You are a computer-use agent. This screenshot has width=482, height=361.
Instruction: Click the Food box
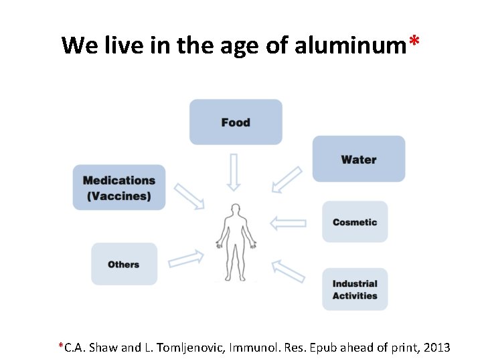(x=236, y=122)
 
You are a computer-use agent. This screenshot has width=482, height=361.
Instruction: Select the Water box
(x=359, y=159)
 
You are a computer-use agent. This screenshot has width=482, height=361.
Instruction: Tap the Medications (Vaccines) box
(x=119, y=188)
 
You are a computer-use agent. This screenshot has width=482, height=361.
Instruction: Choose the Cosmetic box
(x=355, y=222)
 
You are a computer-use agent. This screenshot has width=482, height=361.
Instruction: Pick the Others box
(x=124, y=264)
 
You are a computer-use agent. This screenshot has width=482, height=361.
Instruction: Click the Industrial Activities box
(x=355, y=289)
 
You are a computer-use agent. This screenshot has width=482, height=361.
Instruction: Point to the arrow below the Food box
(x=234, y=171)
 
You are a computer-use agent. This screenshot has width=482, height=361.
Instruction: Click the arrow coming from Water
(x=288, y=180)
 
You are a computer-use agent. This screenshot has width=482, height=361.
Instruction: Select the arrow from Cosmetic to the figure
(x=288, y=223)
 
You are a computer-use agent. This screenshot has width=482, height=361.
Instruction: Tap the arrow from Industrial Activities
(x=288, y=271)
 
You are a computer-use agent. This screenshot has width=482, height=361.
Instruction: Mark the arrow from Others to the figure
(x=186, y=258)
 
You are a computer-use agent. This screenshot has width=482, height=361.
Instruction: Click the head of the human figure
(x=234, y=210)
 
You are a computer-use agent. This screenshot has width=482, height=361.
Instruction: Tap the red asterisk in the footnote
(x=61, y=346)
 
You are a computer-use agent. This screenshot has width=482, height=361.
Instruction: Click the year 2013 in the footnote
(x=436, y=348)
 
